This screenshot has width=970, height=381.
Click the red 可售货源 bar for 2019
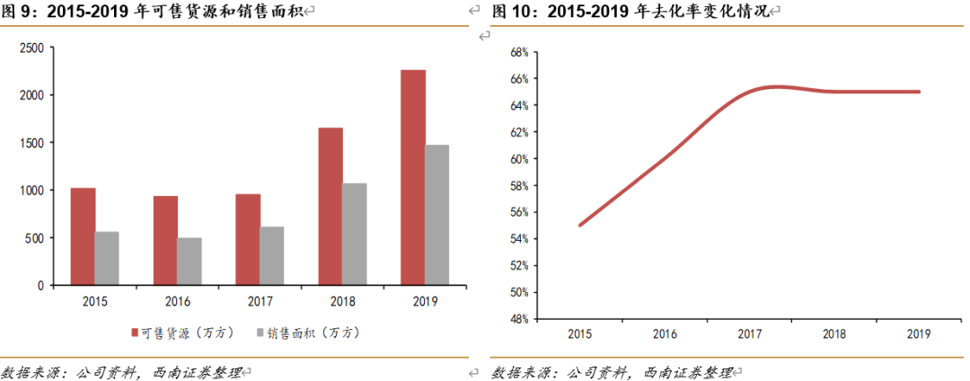click(x=413, y=177)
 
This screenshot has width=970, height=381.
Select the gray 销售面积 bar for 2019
click(x=437, y=215)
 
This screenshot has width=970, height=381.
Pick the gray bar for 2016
click(x=190, y=261)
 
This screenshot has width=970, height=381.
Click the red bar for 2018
click(x=330, y=207)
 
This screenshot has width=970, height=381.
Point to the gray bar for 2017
click(x=272, y=256)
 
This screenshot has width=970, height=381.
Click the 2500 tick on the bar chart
click(x=32, y=48)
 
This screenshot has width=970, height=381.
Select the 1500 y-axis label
click(x=32, y=143)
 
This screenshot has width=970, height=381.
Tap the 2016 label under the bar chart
click(x=176, y=302)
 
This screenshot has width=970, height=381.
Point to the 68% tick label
click(x=517, y=52)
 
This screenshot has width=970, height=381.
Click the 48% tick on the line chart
click(x=517, y=319)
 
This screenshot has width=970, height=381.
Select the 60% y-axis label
click(x=517, y=159)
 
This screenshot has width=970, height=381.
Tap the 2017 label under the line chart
click(x=749, y=333)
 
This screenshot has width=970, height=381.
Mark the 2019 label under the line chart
click(x=920, y=333)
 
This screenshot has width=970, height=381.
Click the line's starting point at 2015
click(x=580, y=225)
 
